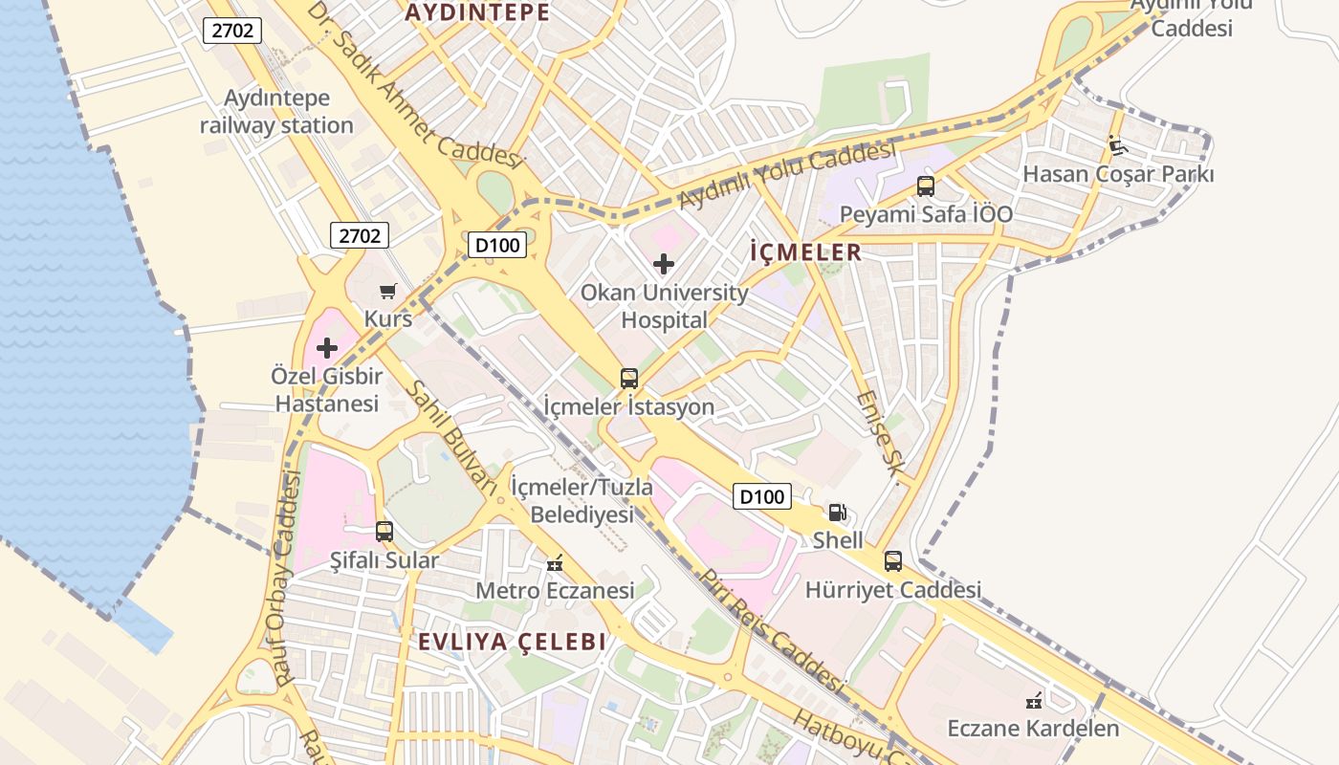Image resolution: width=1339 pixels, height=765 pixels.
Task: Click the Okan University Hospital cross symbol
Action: coord(664,263)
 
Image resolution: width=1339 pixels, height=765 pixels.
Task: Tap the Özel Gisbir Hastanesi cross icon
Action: coord(327,348)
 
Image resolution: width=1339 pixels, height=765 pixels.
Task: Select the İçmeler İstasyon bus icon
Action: coord(628,378)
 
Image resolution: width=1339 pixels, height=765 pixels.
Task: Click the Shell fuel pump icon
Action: coord(837,513)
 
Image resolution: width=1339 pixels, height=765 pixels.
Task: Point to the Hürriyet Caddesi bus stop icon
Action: coord(892,561)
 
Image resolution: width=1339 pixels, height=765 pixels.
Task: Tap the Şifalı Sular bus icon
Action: coord(384,531)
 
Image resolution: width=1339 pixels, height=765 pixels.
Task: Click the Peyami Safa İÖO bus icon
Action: coord(925,186)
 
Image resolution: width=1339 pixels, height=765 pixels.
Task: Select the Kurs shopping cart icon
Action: coord(387,291)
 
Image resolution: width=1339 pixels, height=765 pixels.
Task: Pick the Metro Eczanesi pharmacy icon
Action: coord(554,562)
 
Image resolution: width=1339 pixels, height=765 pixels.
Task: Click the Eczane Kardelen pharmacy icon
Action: coord(1033,701)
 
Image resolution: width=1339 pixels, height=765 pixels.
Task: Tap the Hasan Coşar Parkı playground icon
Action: coord(1116,145)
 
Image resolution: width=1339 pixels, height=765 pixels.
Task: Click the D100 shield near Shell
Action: coord(762,496)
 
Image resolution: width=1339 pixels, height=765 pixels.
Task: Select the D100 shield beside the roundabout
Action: coord(497,246)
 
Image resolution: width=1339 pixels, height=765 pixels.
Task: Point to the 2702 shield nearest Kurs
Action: coord(360,235)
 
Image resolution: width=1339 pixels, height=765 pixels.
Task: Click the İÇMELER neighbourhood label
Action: coord(805,252)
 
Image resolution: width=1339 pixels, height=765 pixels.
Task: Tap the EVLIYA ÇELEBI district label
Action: coord(512,642)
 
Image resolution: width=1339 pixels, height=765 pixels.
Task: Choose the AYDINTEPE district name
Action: coord(477,12)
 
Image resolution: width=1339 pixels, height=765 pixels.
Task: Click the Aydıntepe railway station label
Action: coord(276,111)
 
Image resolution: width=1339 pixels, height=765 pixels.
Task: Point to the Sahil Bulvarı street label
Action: coord(451,437)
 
